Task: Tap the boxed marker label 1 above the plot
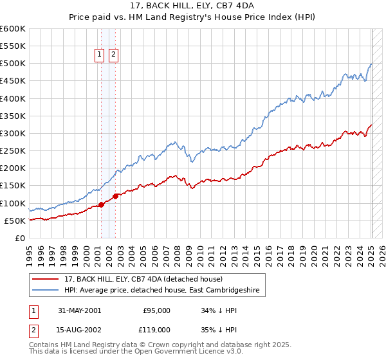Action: [x=100, y=55]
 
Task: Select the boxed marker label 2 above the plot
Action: [x=113, y=55]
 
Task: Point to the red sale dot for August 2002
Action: [x=116, y=196]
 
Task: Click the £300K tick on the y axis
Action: [x=13, y=133]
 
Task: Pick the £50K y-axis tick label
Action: [x=15, y=221]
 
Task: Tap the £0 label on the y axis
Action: [x=20, y=238]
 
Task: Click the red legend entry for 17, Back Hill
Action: [x=143, y=279]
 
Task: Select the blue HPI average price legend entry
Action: [x=161, y=291]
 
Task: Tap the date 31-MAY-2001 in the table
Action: [x=79, y=310]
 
